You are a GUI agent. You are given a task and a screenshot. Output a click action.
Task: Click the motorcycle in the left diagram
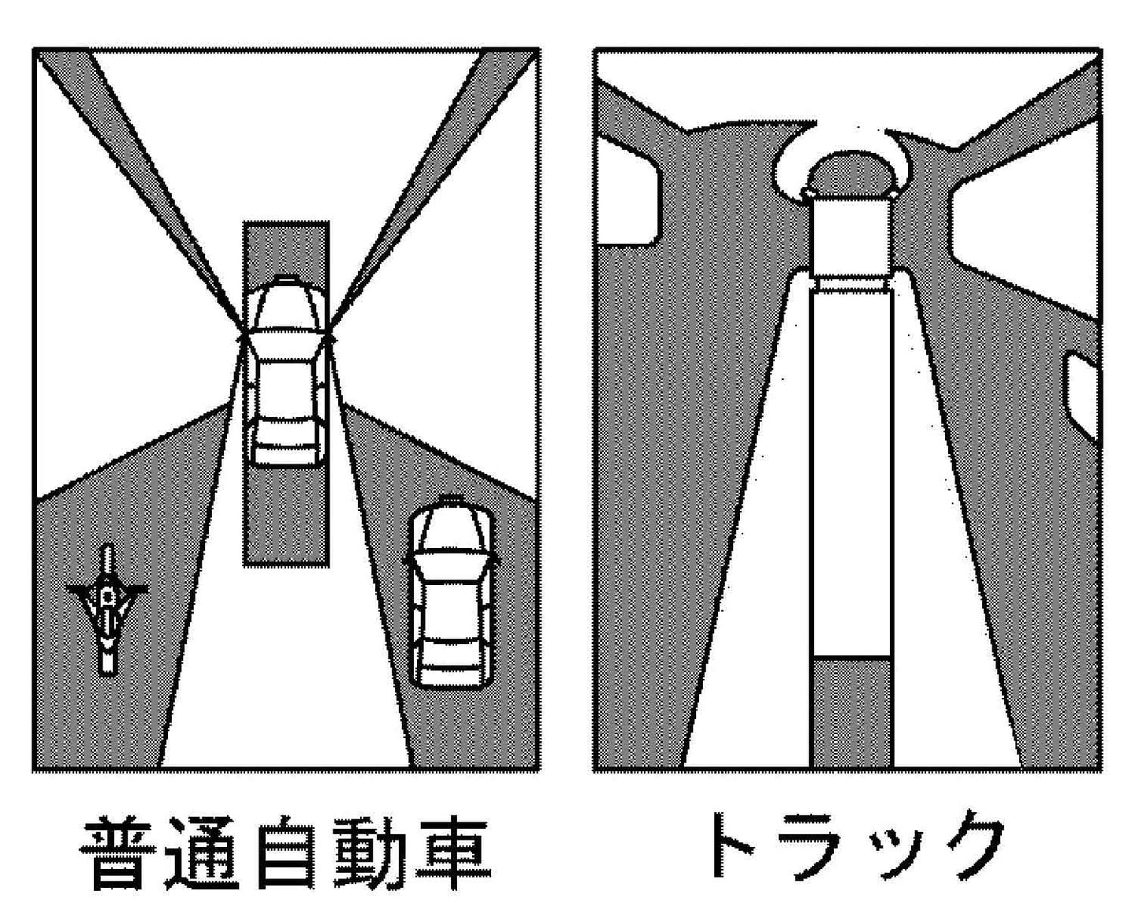[x=108, y=610]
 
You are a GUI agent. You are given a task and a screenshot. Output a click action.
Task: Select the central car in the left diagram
[x=286, y=371]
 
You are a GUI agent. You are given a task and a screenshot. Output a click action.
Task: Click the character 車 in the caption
[x=452, y=847]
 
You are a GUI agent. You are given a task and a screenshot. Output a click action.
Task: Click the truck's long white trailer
[x=851, y=474]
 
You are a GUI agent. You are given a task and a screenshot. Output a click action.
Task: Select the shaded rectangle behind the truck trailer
[x=851, y=712]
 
